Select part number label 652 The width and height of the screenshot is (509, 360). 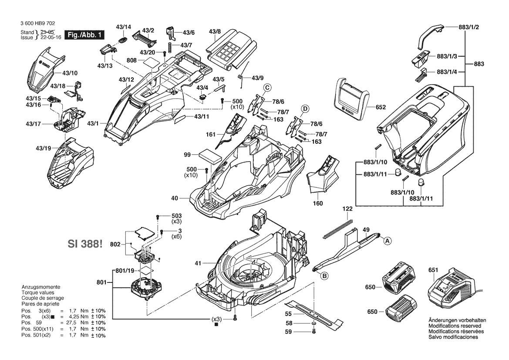(381, 107)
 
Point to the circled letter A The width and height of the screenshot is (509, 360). (386, 239)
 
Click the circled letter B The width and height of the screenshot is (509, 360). (324, 275)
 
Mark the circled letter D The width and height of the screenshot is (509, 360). (305, 108)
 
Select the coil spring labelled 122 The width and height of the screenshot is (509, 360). (338, 228)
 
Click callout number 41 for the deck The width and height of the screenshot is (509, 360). (198, 263)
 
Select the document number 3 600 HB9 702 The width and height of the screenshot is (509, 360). (37, 24)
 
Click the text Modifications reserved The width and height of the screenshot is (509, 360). (455, 326)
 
